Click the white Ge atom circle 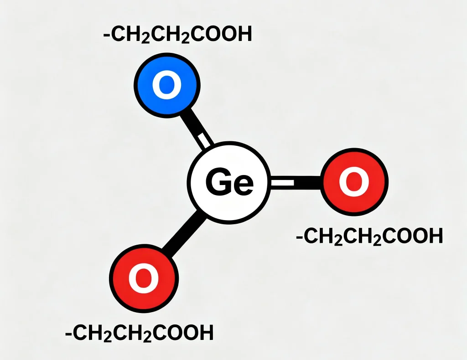pos(229,182)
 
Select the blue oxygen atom pos(167,85)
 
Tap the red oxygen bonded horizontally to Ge pos(354,182)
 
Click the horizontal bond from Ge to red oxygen pos(296,182)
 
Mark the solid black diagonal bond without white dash pos(183,234)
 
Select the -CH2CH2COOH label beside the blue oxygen pos(177,35)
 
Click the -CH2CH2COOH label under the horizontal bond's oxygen pos(369,237)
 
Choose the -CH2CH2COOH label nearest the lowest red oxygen pos(140,333)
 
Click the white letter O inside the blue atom pos(167,85)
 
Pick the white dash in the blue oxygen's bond pos(202,141)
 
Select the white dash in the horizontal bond pos(282,183)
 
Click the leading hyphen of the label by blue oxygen pos(106,35)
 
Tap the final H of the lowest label pos(207,332)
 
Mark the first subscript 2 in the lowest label pos(108,337)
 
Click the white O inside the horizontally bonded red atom pos(354,182)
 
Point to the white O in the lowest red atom pos(144,278)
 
